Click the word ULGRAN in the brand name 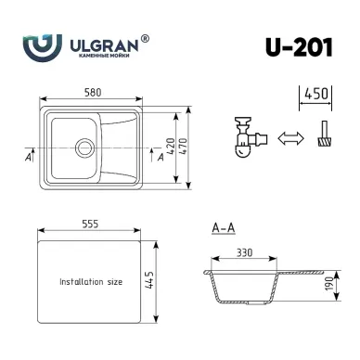click(x=104, y=45)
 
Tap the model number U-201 click(x=299, y=47)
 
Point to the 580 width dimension click(x=93, y=92)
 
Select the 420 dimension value click(x=171, y=147)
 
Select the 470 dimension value click(x=183, y=147)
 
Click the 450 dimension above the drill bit click(x=316, y=94)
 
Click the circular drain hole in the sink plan click(x=84, y=148)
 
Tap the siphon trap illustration click(x=250, y=137)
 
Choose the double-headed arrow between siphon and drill click(x=290, y=138)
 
